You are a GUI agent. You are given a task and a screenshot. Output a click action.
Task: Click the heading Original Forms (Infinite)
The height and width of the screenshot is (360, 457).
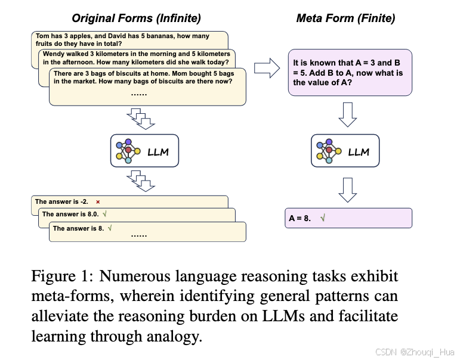(137, 18)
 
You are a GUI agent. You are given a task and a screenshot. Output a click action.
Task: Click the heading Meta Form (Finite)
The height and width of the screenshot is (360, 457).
(345, 18)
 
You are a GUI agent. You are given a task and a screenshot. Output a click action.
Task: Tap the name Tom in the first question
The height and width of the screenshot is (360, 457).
(42, 36)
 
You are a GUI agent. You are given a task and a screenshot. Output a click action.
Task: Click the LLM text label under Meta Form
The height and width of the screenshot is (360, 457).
(359, 152)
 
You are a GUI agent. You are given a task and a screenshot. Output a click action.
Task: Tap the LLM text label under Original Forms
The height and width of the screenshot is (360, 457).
(158, 152)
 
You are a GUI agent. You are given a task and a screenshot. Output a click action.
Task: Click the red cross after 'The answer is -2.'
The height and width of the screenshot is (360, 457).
(98, 202)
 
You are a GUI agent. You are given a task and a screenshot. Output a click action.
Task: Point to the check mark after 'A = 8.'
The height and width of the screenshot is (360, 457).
(323, 218)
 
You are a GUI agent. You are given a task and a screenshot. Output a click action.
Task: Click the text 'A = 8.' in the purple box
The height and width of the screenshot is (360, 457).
(300, 218)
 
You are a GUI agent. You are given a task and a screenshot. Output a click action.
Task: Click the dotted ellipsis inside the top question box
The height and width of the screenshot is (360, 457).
(138, 94)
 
